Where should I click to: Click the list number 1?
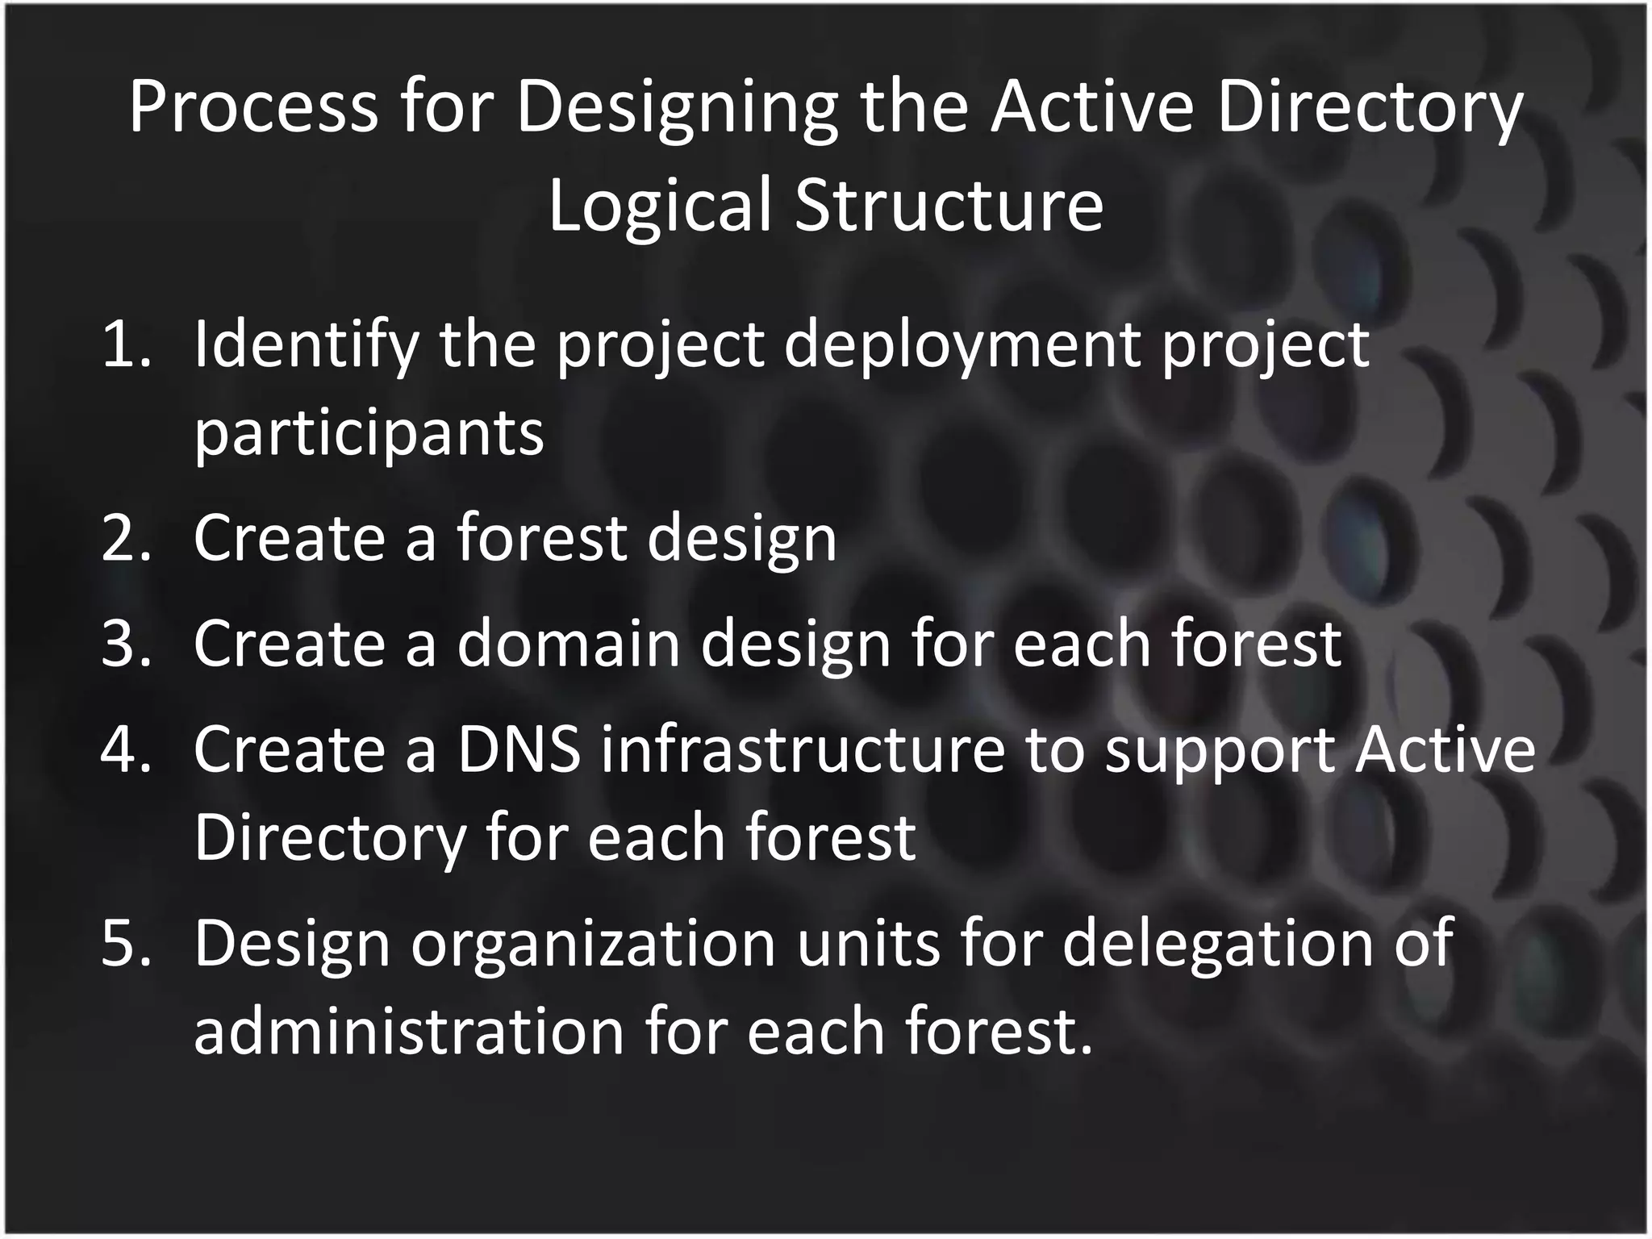[126, 344]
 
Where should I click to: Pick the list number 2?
[126, 538]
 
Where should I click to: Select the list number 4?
[126, 749]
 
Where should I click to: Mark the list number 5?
[126, 943]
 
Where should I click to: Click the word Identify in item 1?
[306, 344]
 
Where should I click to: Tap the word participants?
[369, 433]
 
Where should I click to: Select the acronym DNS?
[519, 749]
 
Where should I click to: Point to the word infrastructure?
[803, 749]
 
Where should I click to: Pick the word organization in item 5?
[593, 943]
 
